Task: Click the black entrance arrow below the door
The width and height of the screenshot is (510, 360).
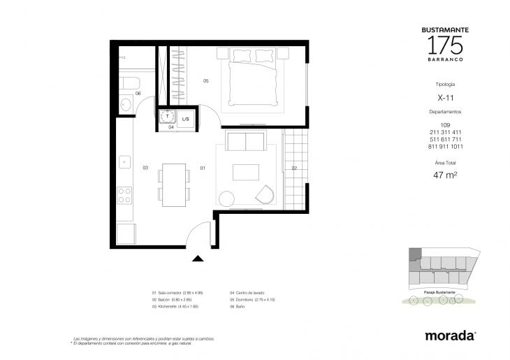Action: (198, 258)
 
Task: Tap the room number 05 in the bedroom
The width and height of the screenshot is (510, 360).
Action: (206, 82)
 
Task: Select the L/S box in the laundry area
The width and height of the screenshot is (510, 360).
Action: (186, 119)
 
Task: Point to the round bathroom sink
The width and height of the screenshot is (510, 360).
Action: (126, 104)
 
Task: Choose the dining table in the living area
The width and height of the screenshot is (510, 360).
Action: (174, 185)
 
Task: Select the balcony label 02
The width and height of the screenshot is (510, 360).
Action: (294, 168)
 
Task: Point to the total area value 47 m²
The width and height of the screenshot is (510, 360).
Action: (445, 175)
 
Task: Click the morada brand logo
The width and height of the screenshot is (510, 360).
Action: (450, 336)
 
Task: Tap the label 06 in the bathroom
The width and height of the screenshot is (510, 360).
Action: (138, 94)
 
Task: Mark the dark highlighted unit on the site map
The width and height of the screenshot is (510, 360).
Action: (415, 255)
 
